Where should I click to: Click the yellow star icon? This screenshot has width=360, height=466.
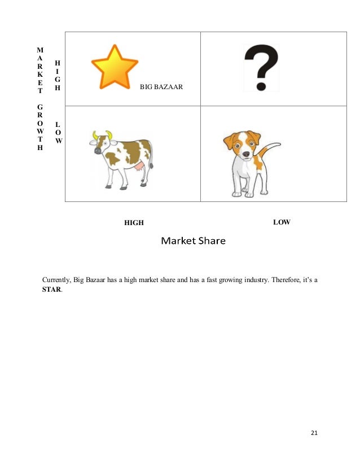114,67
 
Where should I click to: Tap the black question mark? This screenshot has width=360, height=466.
260,68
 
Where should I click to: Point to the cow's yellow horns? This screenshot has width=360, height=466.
102,135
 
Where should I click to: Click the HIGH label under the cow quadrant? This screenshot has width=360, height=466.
134,223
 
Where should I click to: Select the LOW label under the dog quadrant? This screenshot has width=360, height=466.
282,222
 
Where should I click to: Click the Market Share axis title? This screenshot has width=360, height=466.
193,241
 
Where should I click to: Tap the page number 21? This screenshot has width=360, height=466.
314,433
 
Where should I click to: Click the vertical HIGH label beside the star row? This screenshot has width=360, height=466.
58,76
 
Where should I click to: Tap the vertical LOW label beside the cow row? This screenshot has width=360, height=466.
59,132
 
